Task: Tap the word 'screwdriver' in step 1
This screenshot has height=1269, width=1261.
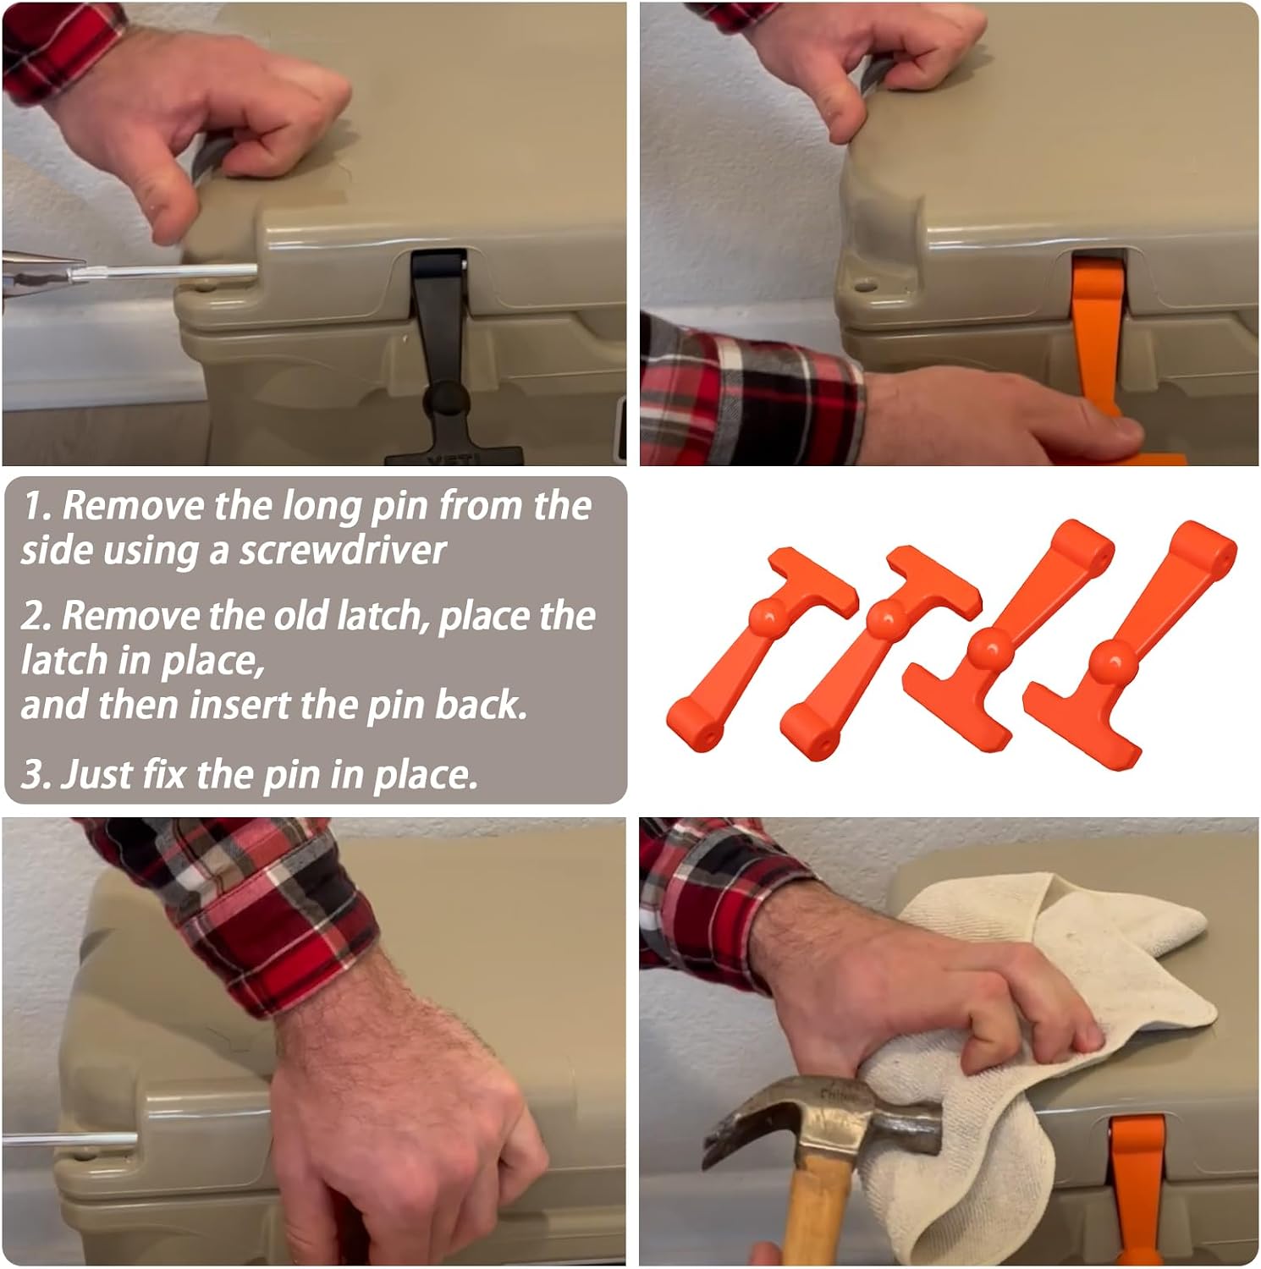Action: click(343, 551)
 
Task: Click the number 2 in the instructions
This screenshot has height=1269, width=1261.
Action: click(32, 616)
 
